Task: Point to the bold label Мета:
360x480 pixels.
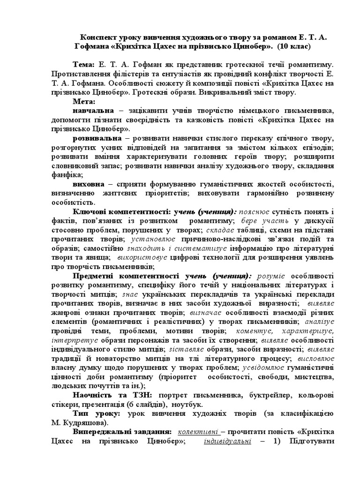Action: pyautogui.click(x=84, y=101)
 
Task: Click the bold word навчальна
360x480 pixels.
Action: pyautogui.click(x=93, y=110)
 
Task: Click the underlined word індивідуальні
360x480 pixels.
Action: pyautogui.click(x=228, y=441)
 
